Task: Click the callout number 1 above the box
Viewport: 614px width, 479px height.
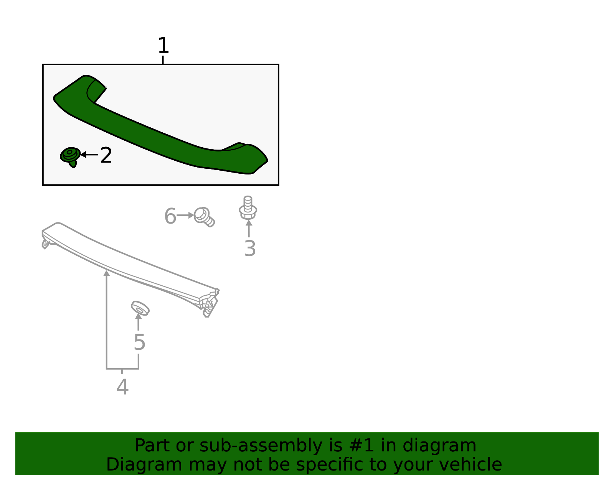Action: point(163,46)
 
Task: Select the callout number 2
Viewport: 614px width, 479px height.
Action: point(106,156)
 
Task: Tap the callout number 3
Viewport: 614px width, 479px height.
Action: point(250,249)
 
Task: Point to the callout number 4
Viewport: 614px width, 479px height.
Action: point(122,387)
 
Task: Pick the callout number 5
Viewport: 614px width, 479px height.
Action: point(139,342)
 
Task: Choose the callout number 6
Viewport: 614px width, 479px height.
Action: point(170,216)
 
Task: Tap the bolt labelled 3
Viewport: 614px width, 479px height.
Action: point(248,208)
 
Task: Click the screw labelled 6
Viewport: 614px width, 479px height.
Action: point(204,217)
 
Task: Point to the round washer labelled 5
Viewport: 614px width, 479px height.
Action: point(140,308)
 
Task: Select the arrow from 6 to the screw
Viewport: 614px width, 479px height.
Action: point(186,216)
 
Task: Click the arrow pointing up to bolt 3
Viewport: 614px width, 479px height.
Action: point(249,229)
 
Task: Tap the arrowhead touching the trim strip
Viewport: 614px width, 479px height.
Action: point(107,273)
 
